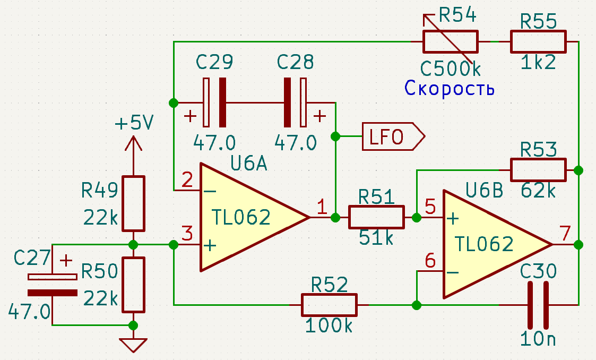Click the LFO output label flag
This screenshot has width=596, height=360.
point(393,136)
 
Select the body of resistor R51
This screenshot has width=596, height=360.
point(376,217)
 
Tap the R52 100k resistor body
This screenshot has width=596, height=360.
point(329,305)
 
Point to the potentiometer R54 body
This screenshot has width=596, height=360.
point(451,42)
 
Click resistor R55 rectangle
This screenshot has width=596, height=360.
point(538,42)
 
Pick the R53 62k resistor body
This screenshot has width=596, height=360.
point(538,170)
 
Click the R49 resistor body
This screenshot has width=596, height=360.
point(133,203)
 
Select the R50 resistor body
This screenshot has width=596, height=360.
point(133,285)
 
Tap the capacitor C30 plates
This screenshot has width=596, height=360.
point(538,305)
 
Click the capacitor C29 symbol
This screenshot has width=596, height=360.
point(215,102)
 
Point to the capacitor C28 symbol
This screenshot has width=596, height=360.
point(295,102)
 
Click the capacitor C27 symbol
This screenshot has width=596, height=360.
point(53,285)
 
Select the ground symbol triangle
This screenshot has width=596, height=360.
point(133,345)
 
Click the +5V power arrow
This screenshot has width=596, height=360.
point(133,144)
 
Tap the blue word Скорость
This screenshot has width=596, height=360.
point(450,88)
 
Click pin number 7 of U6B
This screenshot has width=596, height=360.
point(565,233)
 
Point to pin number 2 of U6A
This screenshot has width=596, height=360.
point(187,179)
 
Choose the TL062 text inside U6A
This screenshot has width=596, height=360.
point(241,217)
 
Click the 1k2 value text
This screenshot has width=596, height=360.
point(538,62)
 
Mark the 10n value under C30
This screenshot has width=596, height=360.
point(538,338)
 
